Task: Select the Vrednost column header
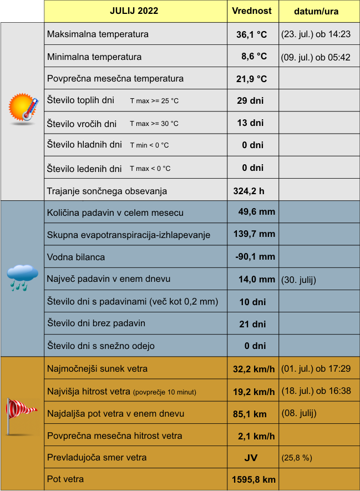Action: tap(252, 11)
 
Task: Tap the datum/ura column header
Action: tap(316, 11)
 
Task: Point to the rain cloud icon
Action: tap(22, 277)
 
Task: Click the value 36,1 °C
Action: tap(251, 34)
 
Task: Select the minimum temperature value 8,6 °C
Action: tap(253, 57)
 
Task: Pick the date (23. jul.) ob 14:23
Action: tap(316, 34)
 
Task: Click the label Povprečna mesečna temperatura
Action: tap(115, 79)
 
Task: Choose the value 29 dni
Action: tap(250, 101)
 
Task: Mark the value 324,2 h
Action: tap(249, 191)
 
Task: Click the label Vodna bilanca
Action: tap(76, 257)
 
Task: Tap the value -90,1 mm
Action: tap(255, 257)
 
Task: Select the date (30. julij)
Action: tap(299, 280)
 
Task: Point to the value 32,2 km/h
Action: tap(253, 369)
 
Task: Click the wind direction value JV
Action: tap(251, 458)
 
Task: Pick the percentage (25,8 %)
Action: tap(297, 458)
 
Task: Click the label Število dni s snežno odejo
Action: tap(101, 346)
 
